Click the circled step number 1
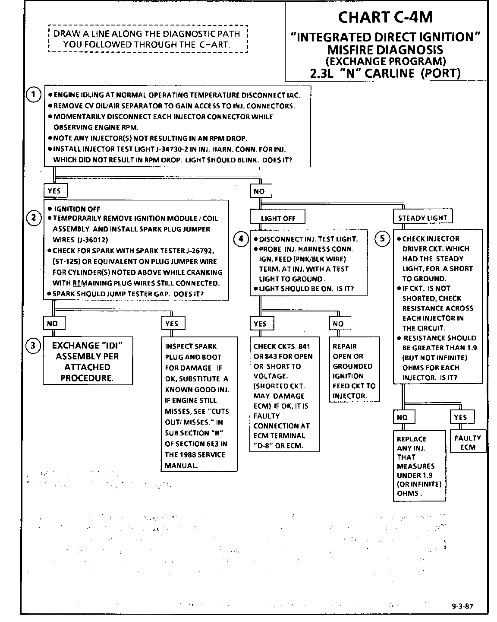click(x=34, y=95)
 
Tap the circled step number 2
click(x=34, y=218)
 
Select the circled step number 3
click(x=34, y=345)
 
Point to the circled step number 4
click(x=241, y=238)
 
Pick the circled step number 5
click(x=383, y=238)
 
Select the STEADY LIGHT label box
click(x=422, y=218)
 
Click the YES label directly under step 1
click(x=55, y=191)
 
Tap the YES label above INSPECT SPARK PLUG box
click(x=172, y=324)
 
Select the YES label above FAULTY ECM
click(x=460, y=417)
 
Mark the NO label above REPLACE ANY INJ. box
click(x=403, y=417)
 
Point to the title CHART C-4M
click(x=385, y=17)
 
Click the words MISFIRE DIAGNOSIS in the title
click(x=385, y=49)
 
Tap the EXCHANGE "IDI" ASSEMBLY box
click(x=88, y=361)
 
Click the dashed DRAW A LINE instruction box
click(x=148, y=39)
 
